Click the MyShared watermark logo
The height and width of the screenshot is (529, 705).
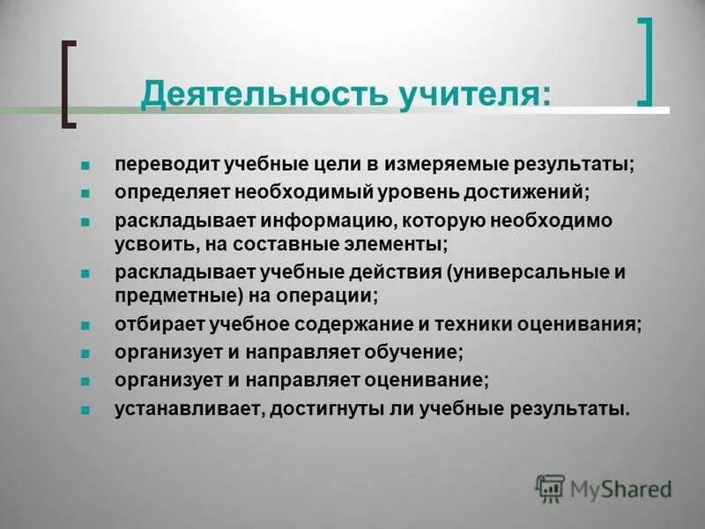coord(604,488)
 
